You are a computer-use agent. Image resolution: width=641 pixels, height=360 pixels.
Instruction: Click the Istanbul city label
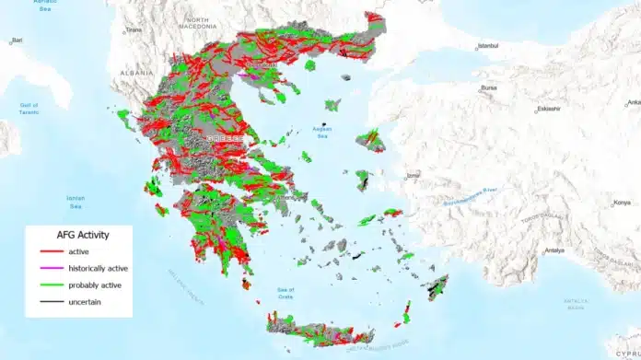tap(489, 44)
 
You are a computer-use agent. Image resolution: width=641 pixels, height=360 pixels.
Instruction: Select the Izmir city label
tap(413, 175)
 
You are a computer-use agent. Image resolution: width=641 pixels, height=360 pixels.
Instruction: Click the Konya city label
tap(624, 202)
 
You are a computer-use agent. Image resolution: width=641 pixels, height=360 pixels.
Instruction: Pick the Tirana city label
tap(134, 29)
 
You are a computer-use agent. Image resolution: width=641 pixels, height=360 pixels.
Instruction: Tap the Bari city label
tap(17, 41)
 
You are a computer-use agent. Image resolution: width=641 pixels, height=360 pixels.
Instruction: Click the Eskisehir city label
tap(549, 108)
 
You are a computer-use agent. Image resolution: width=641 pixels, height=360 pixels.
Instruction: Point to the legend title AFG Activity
tap(76, 235)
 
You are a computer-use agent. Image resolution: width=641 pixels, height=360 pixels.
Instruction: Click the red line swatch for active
tap(48, 251)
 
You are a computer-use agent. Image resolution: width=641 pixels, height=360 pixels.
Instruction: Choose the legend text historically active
tap(95, 268)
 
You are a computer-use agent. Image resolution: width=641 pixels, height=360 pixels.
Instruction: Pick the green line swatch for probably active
tap(48, 285)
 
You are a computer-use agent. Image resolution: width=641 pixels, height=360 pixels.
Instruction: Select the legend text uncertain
tap(84, 301)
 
